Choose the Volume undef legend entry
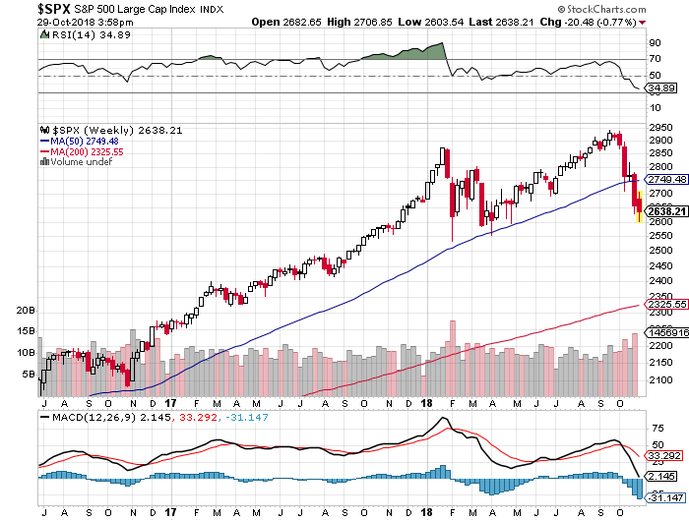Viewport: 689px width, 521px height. [80, 162]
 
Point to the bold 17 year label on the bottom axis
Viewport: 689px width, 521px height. [170, 402]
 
